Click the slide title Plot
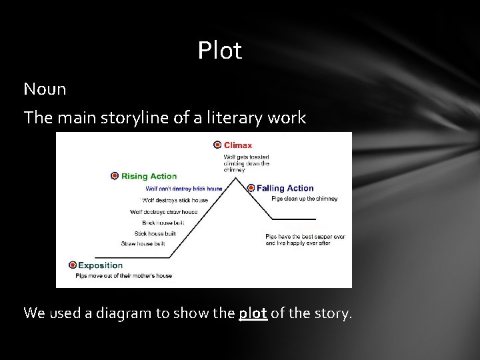[x=219, y=51]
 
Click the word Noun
[x=45, y=89]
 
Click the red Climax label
[x=238, y=145]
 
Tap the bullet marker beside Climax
[x=217, y=145]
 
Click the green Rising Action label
[x=149, y=176]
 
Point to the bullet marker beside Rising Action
[x=115, y=176]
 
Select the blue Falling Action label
[x=285, y=188]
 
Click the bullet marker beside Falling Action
[x=251, y=188]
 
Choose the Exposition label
[x=101, y=265]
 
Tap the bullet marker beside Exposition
[x=73, y=265]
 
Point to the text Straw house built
[x=143, y=244]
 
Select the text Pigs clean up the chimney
[x=304, y=199]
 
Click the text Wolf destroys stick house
[x=175, y=200]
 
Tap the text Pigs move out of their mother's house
[x=123, y=275]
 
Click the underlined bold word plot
[x=253, y=313]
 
